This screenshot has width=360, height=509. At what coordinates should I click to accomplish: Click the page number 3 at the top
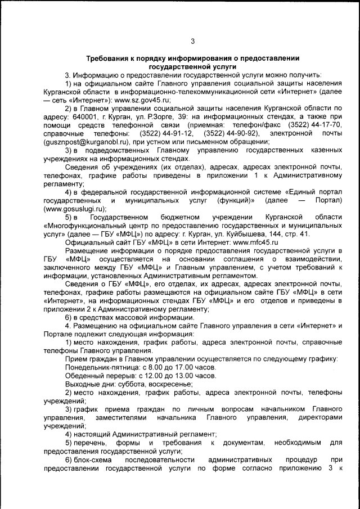pyautogui.click(x=192, y=41)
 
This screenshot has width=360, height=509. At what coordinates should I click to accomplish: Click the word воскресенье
pyautogui.click(x=170, y=384)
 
